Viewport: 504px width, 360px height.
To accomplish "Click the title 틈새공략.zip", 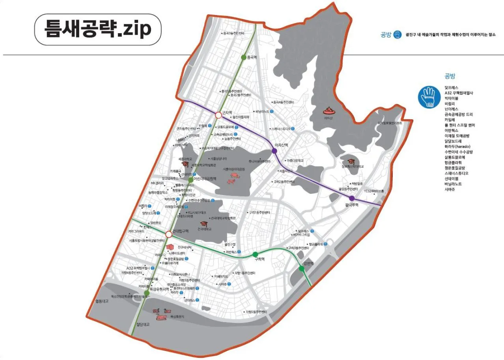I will pyautogui.click(x=98, y=30).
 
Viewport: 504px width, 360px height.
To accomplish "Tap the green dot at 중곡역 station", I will pyautogui.click(x=244, y=58).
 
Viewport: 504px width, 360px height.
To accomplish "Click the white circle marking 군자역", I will pyautogui.click(x=218, y=115).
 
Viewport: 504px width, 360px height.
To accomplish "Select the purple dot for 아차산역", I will pyautogui.click(x=274, y=150).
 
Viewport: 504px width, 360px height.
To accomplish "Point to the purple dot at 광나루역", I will pyautogui.click(x=352, y=198).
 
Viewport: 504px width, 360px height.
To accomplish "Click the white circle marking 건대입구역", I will pyautogui.click(x=169, y=234).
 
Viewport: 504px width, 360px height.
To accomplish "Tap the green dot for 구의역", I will pyautogui.click(x=255, y=254).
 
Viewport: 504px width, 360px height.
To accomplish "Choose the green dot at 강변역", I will pyautogui.click(x=302, y=268).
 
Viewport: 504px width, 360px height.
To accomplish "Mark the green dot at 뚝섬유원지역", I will pyautogui.click(x=146, y=293).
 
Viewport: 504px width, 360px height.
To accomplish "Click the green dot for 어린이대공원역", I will pyautogui.click(x=191, y=180).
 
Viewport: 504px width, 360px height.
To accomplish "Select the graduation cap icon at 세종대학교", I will pyautogui.click(x=185, y=163).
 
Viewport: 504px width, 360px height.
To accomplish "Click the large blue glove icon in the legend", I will pyautogui.click(x=429, y=97).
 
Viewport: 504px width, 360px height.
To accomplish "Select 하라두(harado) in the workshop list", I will pyautogui.click(x=457, y=146).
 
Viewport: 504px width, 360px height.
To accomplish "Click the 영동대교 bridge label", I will pyautogui.click(x=101, y=301).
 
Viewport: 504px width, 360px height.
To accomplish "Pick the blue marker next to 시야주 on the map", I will pyautogui.click(x=229, y=284).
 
